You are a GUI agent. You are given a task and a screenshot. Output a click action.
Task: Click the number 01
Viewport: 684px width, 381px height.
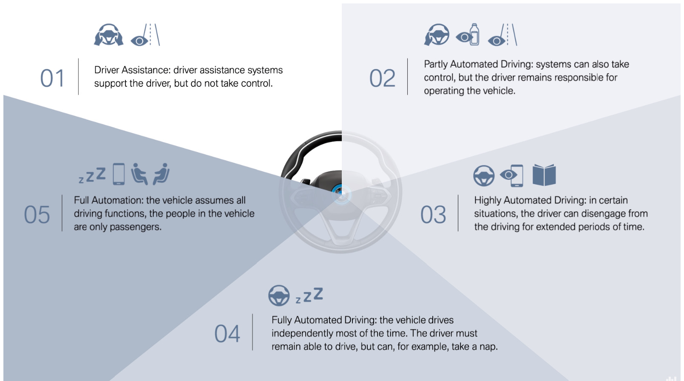tap(52, 78)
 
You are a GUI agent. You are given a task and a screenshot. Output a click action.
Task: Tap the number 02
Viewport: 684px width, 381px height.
tap(382, 78)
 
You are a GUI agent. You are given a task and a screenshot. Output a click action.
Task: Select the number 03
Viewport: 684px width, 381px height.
tap(433, 214)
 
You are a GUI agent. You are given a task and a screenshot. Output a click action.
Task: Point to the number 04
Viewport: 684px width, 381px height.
tap(227, 334)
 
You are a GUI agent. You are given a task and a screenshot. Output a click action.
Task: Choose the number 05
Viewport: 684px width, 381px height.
tap(37, 214)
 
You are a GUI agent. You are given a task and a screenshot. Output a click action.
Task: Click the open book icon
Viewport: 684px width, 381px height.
tap(544, 175)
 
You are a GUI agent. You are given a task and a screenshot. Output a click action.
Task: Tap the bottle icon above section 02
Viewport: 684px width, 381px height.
tap(474, 34)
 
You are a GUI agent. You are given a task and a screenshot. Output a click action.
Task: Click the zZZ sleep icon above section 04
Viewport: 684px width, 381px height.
tap(309, 295)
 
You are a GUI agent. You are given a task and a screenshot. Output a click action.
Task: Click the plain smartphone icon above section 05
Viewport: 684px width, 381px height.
tap(119, 174)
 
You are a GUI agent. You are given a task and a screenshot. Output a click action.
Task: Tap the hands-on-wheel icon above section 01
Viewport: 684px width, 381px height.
tap(109, 35)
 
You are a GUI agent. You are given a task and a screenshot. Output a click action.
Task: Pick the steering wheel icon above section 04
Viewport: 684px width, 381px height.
tap(279, 296)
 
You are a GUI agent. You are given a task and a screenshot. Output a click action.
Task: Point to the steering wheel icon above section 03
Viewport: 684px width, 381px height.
tap(484, 176)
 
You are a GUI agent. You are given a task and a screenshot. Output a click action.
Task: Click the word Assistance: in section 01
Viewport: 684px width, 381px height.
tap(146, 70)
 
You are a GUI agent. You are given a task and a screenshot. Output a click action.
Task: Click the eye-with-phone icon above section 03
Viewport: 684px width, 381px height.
tap(512, 176)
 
